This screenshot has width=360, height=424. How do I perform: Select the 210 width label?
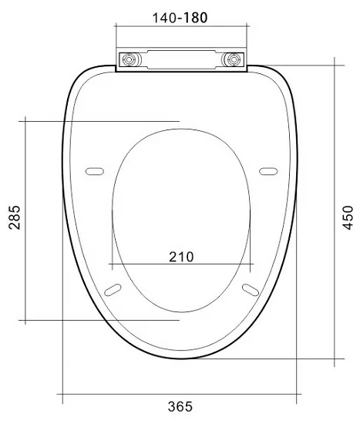181,256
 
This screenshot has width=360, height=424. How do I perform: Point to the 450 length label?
349,213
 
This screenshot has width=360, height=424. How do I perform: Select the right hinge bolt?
232,59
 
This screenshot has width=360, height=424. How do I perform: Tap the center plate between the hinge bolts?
181,59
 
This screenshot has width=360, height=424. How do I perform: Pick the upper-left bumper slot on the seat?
94,170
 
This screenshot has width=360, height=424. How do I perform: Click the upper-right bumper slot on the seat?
269,170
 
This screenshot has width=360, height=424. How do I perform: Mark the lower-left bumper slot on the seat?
113,288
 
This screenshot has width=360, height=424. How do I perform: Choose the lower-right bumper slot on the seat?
251,288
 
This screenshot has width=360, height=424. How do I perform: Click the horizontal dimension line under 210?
181,265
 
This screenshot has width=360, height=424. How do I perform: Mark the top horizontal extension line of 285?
100,120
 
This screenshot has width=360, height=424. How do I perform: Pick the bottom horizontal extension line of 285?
100,319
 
